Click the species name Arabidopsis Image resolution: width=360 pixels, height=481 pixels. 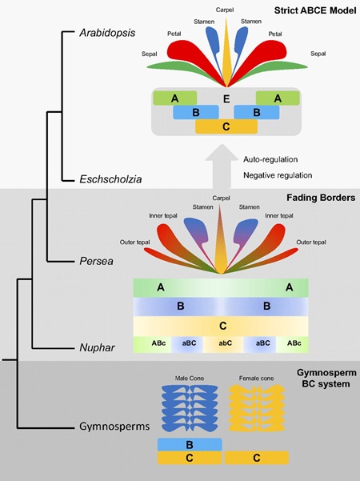[107, 33]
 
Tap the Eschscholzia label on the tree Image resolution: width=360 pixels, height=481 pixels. [110, 179]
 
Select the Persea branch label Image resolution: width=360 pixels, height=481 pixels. [96, 261]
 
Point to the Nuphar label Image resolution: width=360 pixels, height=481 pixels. [98, 347]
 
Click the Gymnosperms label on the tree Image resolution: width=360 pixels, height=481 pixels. [114, 427]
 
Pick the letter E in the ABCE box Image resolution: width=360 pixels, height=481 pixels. [226, 98]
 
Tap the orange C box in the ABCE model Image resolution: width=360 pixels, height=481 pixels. [226, 126]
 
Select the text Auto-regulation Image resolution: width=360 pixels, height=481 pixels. [270, 159]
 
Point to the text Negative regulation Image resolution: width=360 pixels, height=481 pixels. [278, 175]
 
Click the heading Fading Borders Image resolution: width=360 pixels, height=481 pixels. [321, 198]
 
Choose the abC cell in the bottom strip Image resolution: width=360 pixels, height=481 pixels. [226, 343]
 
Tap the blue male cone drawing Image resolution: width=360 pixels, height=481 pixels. [190, 408]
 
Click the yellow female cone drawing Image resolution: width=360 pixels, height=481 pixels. [257, 408]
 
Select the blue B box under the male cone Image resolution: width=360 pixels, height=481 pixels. [190, 444]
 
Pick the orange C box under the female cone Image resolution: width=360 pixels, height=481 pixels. [257, 458]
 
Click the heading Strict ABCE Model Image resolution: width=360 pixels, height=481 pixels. [315, 10]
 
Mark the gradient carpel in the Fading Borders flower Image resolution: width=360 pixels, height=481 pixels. [220, 239]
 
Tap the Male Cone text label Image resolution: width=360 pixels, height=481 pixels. [190, 379]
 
